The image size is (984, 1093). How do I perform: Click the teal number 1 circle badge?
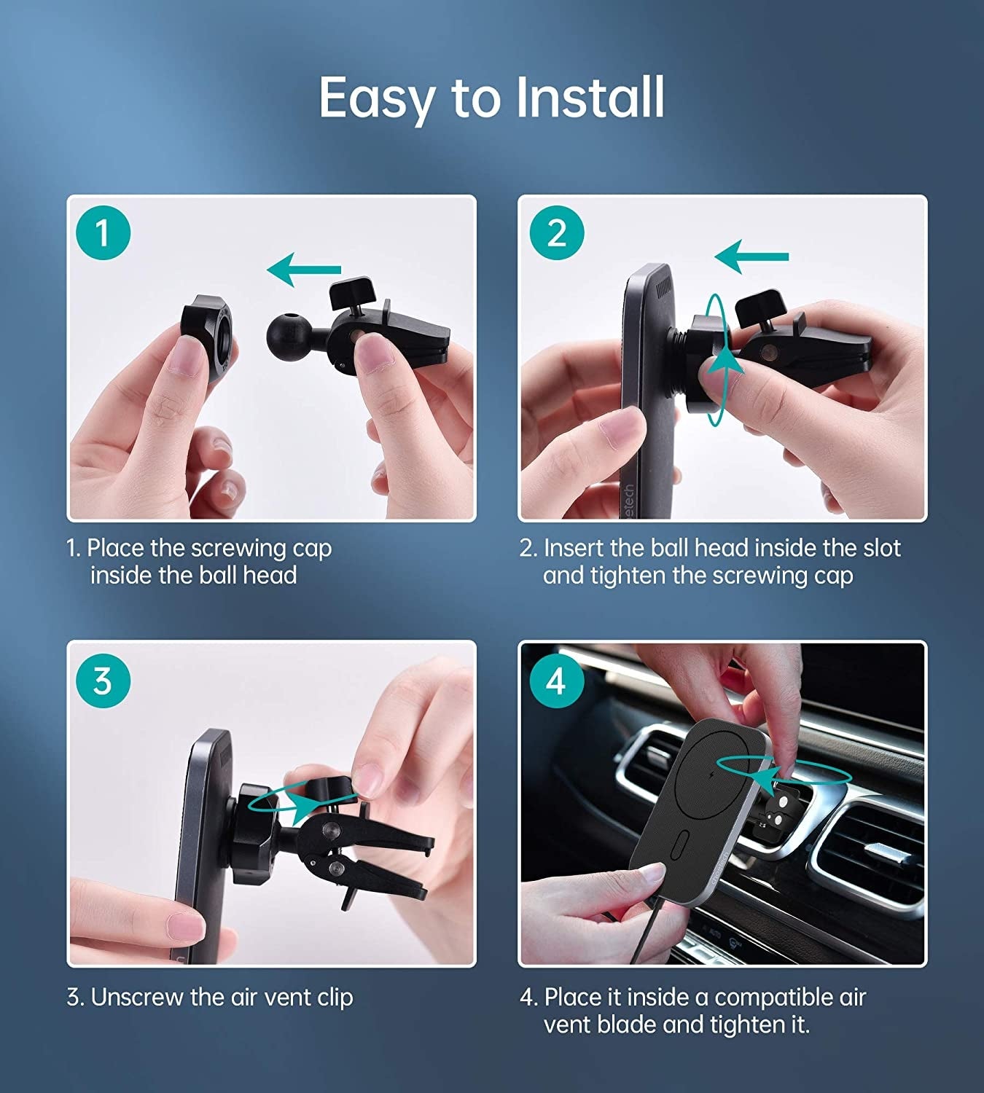103,233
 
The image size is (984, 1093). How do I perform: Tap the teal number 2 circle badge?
557,233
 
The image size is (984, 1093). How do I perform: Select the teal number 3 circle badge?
103,681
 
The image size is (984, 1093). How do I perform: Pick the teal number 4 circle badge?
556,682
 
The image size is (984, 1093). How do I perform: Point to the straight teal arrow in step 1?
304,270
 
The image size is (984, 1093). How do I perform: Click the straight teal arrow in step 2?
751,256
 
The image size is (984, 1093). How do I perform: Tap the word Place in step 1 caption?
116,548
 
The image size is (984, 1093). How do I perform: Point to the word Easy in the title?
378,98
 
